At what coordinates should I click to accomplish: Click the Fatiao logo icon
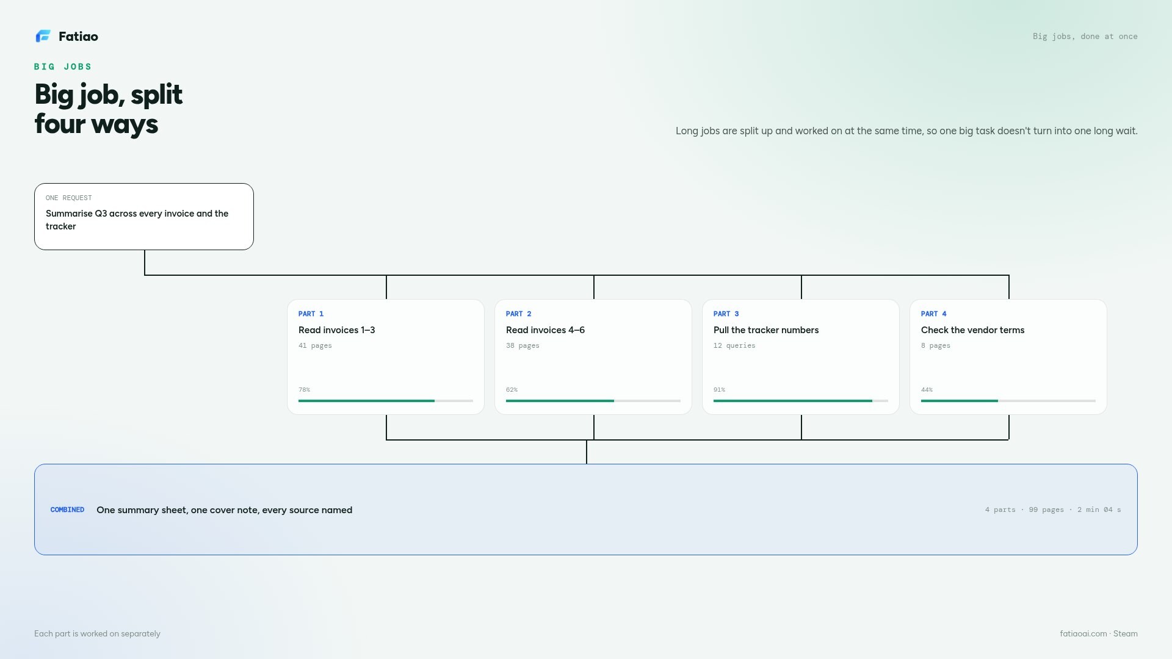[x=43, y=37]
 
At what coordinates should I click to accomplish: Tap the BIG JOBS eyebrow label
[x=63, y=67]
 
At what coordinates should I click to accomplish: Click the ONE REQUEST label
[x=69, y=198]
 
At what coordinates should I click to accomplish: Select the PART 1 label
[x=311, y=314]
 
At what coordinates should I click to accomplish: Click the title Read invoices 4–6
[x=545, y=330]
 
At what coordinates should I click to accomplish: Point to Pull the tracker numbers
[x=766, y=330]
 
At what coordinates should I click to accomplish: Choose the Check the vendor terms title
[x=972, y=330]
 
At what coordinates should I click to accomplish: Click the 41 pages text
[x=315, y=345]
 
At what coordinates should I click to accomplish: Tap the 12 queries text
[x=734, y=345]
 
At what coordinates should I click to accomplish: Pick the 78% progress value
[x=304, y=389]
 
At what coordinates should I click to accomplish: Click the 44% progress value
[x=927, y=389]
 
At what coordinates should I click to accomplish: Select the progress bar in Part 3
[x=801, y=401]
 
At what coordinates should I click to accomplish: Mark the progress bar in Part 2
[x=593, y=401]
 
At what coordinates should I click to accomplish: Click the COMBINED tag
[x=67, y=510]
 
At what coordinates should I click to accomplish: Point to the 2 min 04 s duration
[x=1099, y=510]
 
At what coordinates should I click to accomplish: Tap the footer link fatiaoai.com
[x=1083, y=633]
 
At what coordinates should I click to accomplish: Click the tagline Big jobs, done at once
[x=1085, y=37]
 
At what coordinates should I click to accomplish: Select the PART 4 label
[x=933, y=314]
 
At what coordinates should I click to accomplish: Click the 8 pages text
[x=935, y=345]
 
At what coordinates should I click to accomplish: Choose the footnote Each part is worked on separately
[x=97, y=633]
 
